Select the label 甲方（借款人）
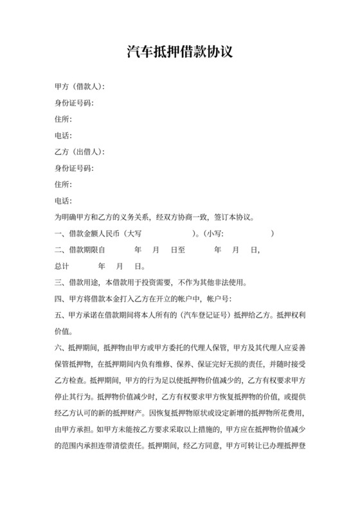[x=79, y=86]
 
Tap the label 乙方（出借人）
[x=79, y=152]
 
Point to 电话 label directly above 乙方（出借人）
[x=63, y=136]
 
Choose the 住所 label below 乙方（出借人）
[x=63, y=185]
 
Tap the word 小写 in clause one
[x=215, y=235]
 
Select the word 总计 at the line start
[x=62, y=266]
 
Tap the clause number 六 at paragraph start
[x=59, y=349]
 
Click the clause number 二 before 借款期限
[x=59, y=250]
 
